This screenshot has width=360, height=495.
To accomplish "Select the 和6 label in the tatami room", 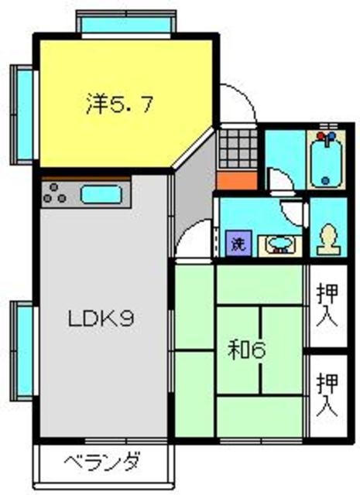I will (x=246, y=350).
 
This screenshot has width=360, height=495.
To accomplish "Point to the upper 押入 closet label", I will (x=328, y=306).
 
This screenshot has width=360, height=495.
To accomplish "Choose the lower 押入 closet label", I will (x=328, y=394).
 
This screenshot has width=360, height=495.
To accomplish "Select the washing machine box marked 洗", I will (x=236, y=244).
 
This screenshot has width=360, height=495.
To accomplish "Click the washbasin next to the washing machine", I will (x=279, y=245).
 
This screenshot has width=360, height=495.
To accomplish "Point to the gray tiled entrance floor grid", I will (x=235, y=147).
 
